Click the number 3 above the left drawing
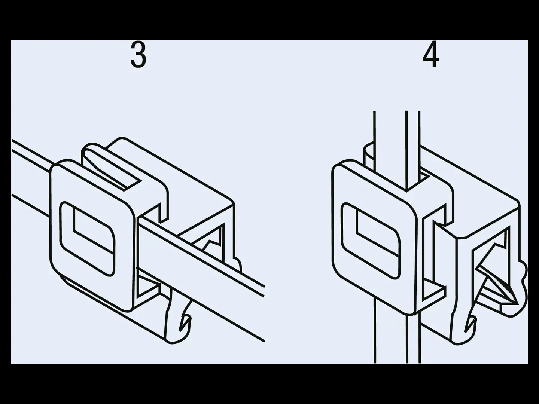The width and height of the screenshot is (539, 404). pyautogui.click(x=138, y=54)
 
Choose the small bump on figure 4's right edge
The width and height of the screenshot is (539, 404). pyautogui.click(x=523, y=270)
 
